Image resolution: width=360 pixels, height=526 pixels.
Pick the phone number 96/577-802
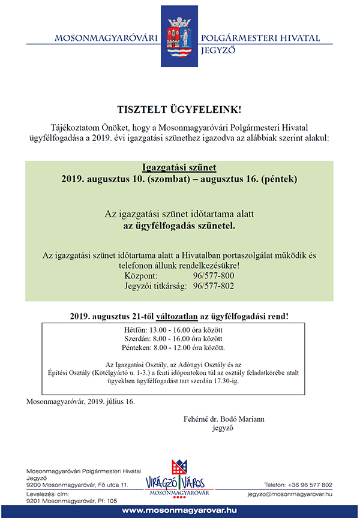click(x=214, y=286)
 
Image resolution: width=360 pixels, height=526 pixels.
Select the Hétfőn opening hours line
click(x=180, y=330)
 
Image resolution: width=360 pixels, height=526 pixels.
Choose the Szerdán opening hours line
click(x=180, y=338)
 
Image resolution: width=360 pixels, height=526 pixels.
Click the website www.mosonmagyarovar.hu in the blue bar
click(x=180, y=510)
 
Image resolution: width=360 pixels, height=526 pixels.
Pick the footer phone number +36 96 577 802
click(x=298, y=484)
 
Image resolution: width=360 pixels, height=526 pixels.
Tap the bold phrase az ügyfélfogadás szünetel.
click(x=179, y=227)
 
